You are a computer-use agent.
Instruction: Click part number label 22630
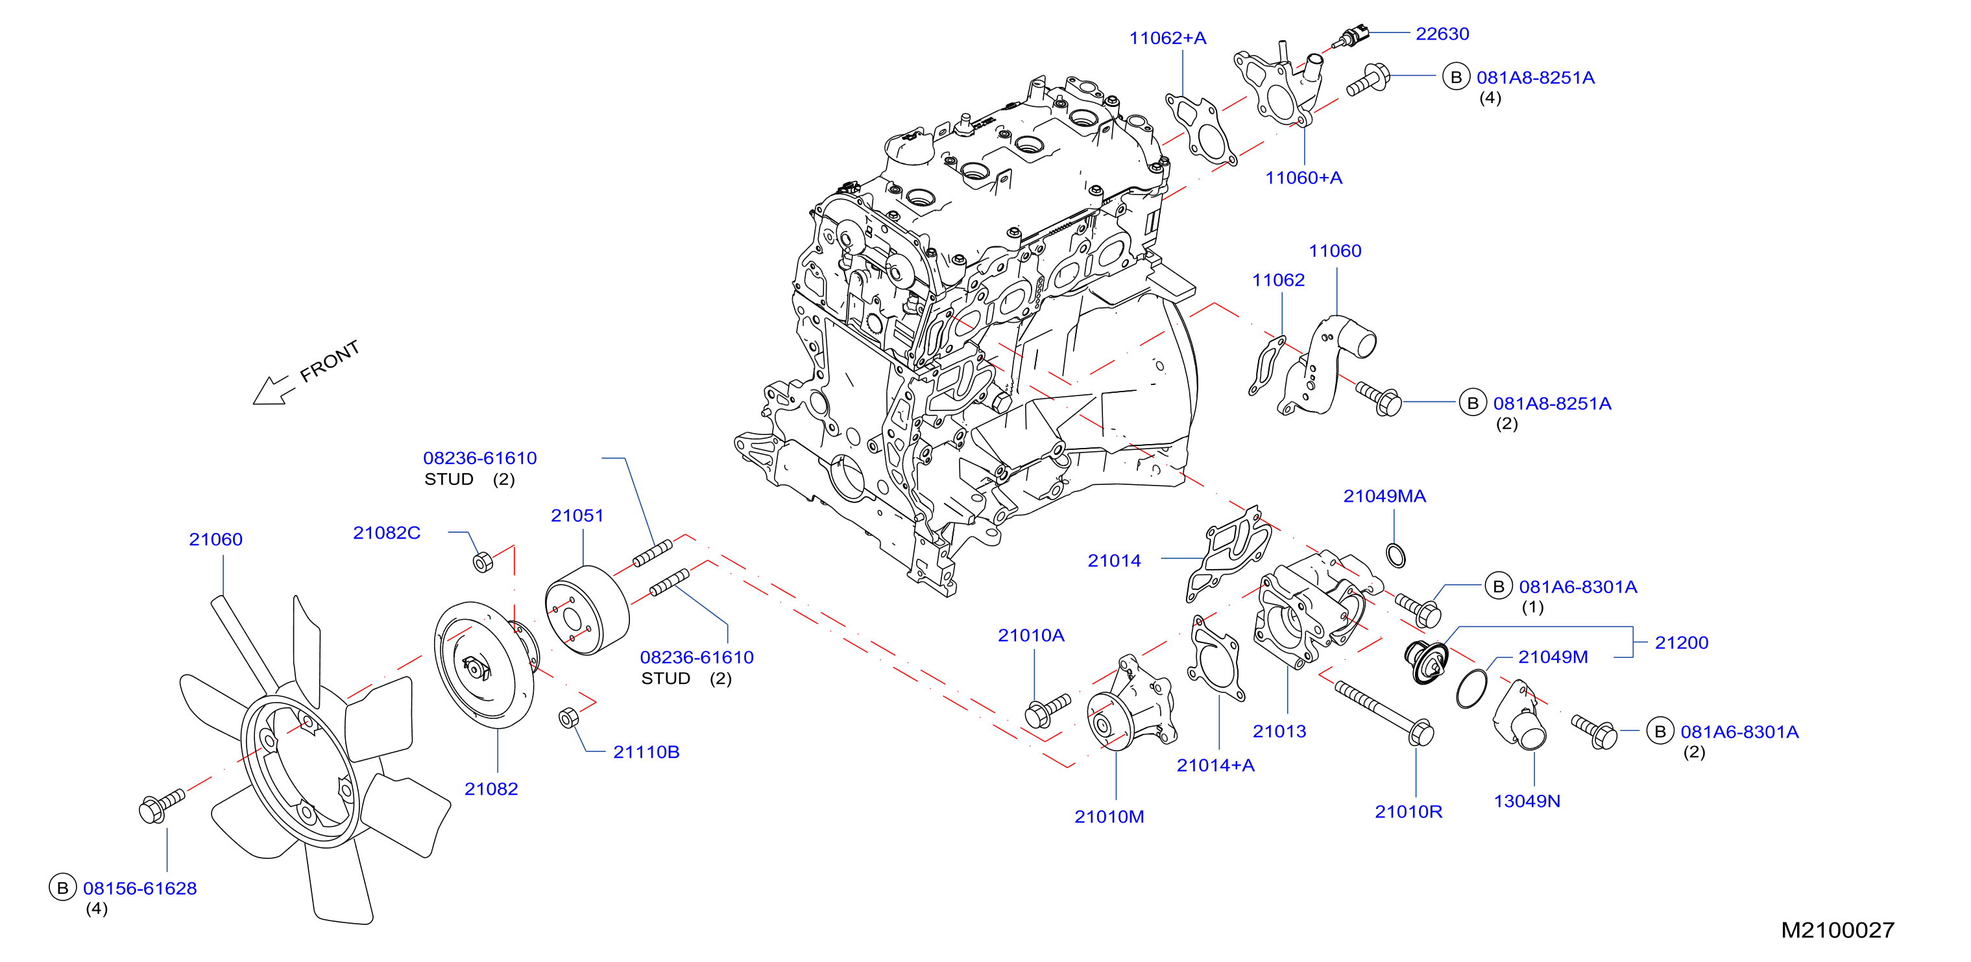click(1442, 34)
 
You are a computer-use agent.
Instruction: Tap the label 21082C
click(387, 532)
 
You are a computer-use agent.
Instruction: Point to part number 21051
click(577, 515)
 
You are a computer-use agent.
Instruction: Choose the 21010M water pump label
click(1109, 817)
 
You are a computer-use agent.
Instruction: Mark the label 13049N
click(1527, 801)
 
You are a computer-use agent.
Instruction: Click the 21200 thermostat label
click(1681, 642)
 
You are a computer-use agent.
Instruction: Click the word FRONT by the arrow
click(330, 361)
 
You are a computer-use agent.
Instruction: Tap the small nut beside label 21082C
click(482, 562)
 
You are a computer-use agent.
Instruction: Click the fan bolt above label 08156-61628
click(162, 805)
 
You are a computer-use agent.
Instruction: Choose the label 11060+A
click(1303, 178)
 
